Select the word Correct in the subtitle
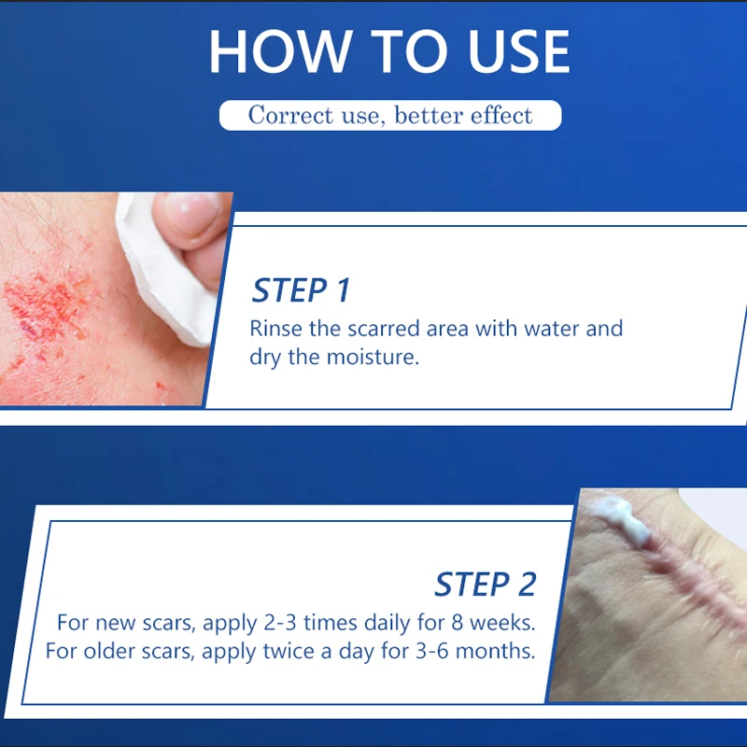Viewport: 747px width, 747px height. coord(289,116)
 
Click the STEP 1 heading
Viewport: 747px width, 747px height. coord(301,290)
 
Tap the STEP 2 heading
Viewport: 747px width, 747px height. coord(486,585)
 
